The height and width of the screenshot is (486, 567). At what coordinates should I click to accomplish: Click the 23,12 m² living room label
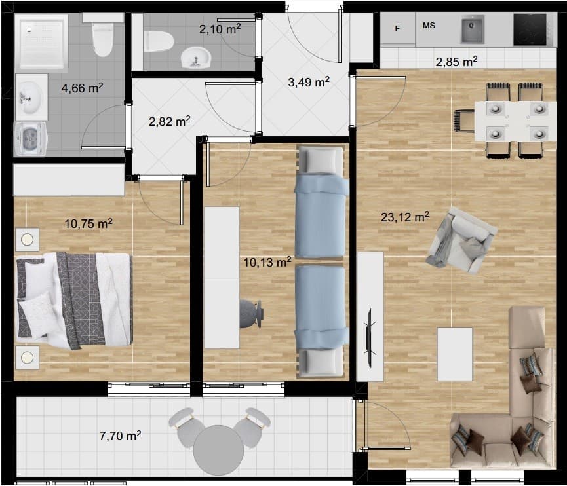[x=405, y=217]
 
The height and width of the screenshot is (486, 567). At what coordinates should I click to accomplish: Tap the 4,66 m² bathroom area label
[x=82, y=88]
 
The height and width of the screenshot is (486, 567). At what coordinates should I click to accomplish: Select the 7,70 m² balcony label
[x=120, y=436]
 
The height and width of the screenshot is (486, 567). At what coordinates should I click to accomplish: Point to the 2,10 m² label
[x=220, y=29]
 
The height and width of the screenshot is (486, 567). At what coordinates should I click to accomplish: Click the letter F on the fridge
[x=397, y=29]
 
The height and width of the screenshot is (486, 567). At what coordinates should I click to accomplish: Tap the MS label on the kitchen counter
[x=429, y=26]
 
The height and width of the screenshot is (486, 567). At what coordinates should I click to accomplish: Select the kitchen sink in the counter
[x=472, y=29]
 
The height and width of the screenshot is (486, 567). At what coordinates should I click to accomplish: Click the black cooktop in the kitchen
[x=530, y=29]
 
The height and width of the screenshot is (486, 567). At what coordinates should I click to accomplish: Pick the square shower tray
[x=41, y=41]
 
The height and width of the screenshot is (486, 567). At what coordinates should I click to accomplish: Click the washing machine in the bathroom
[x=31, y=139]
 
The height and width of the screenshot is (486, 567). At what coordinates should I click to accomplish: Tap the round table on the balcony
[x=218, y=450]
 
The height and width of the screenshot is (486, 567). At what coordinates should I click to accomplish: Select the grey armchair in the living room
[x=461, y=240]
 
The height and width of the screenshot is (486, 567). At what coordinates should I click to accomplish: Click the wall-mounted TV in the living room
[x=370, y=331]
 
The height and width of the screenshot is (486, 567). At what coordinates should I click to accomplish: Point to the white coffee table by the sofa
[x=454, y=354]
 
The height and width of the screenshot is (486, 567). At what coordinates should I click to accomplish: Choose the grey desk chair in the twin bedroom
[x=251, y=314]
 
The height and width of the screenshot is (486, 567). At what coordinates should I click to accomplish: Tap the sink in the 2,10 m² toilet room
[x=195, y=58]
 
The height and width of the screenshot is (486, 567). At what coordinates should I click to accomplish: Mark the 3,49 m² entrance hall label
[x=309, y=82]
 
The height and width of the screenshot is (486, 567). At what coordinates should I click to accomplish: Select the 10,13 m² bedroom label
[x=267, y=262]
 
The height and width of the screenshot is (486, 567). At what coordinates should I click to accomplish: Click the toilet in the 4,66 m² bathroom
[x=103, y=35]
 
